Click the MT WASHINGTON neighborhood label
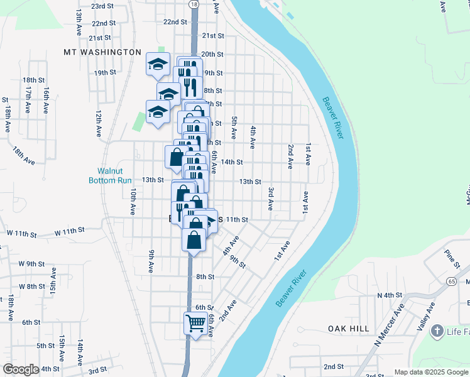(x=102, y=52)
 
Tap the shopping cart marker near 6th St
(x=195, y=324)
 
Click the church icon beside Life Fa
(x=437, y=331)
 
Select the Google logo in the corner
(x=21, y=369)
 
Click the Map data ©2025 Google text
(x=431, y=372)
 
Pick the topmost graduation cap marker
(x=158, y=63)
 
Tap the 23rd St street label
(x=103, y=6)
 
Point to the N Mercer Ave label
(x=390, y=327)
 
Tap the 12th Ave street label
(x=99, y=124)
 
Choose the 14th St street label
(x=231, y=162)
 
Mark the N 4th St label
(x=389, y=295)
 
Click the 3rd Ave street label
(x=271, y=199)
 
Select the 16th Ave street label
(x=46, y=101)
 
